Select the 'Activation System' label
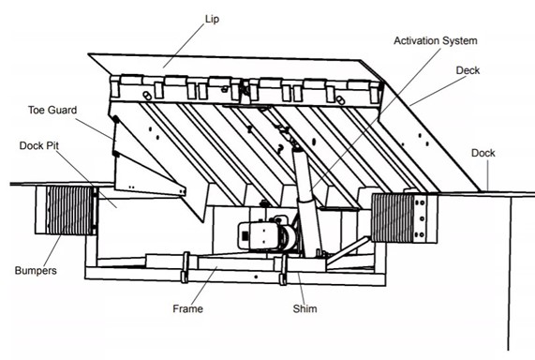coord(436,41)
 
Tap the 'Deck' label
coord(467,70)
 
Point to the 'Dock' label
coord(483,153)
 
